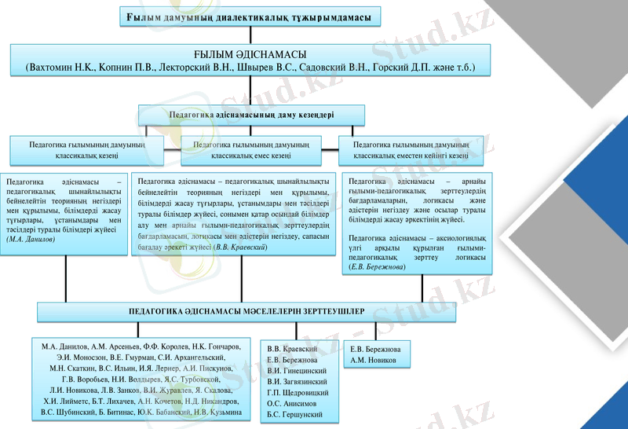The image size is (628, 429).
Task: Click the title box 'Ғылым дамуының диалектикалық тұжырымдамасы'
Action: pyautogui.click(x=249, y=18)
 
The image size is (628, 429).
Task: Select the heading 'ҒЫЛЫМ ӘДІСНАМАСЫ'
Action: pyautogui.click(x=250, y=54)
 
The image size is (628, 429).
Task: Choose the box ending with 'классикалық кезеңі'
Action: pyautogui.click(x=86, y=150)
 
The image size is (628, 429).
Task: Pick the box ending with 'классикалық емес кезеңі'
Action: pyautogui.click(x=251, y=150)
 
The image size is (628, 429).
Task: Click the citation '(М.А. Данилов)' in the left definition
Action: pyautogui.click(x=31, y=239)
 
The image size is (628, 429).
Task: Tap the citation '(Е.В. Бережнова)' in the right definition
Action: pyautogui.click(x=377, y=267)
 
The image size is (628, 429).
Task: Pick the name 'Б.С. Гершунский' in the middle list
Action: pyautogui.click(x=295, y=414)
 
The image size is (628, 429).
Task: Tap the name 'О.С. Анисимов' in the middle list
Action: pyautogui.click(x=293, y=403)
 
